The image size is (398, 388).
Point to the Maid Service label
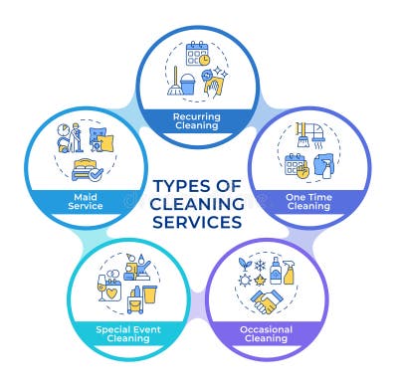[87, 201]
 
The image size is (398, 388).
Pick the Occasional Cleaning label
[266, 333]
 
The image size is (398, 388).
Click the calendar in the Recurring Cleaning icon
[196, 54]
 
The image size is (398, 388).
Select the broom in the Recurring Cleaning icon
[175, 82]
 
